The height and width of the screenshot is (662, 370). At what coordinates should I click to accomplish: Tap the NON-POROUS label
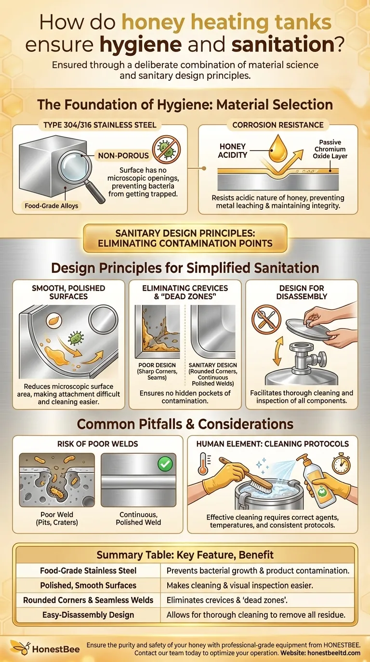coord(123,155)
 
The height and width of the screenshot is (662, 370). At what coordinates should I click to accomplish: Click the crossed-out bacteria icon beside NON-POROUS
coord(166,149)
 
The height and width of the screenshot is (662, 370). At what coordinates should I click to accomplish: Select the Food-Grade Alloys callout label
coord(52,206)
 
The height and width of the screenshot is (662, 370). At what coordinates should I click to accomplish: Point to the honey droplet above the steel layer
coord(278,149)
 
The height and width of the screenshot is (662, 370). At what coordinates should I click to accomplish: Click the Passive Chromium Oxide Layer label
coord(330,149)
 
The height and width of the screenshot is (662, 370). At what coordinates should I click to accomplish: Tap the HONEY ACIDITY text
coord(233,151)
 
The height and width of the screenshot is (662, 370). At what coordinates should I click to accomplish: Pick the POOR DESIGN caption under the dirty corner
coord(157,371)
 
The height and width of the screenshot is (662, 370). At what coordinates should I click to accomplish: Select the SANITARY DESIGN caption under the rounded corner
coord(213,374)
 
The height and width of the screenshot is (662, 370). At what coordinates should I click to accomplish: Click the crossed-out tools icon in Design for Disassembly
coord(266,319)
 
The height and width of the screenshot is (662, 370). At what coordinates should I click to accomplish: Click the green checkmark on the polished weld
coord(165,464)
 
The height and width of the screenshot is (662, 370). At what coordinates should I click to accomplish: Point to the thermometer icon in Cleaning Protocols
coord(204,463)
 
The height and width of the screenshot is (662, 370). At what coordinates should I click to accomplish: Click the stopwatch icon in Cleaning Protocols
coord(341,463)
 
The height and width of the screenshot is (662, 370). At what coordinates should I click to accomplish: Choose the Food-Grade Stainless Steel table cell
coord(88,571)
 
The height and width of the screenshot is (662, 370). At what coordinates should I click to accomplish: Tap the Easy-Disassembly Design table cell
coord(88,615)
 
